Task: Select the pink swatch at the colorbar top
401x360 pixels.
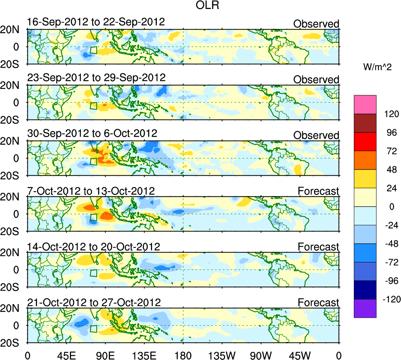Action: tap(365, 104)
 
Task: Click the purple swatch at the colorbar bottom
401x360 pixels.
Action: tap(365, 308)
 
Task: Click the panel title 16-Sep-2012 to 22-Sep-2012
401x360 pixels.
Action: tap(96, 22)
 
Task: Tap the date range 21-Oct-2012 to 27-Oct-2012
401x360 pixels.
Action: tap(94, 302)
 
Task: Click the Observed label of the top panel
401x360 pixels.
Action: tap(316, 24)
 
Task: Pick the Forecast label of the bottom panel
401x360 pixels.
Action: tap(318, 303)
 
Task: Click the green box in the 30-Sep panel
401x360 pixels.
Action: tap(93, 161)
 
